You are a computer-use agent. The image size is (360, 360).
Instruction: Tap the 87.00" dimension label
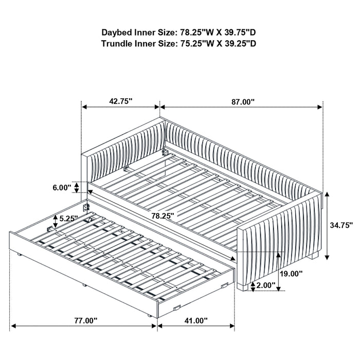click(x=242, y=102)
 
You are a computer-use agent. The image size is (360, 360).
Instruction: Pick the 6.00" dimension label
click(x=61, y=188)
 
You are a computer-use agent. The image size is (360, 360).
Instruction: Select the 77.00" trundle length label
click(x=85, y=320)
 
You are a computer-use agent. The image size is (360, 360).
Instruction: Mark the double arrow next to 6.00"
click(x=77, y=187)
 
